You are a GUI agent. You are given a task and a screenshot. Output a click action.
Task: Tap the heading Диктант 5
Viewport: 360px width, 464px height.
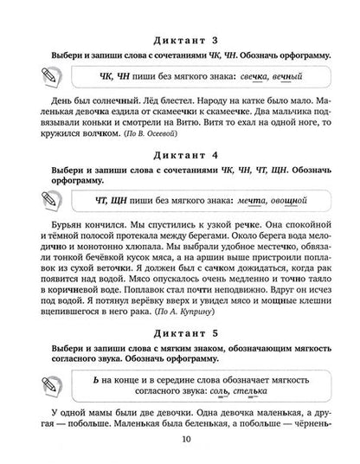point(180,331)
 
